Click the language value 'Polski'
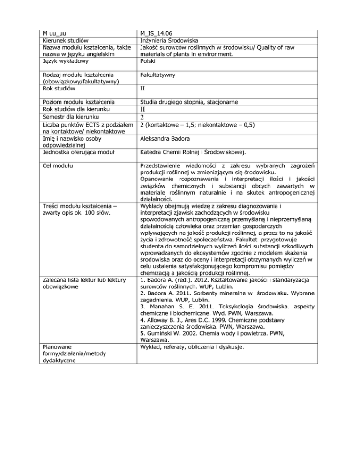(149, 60)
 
